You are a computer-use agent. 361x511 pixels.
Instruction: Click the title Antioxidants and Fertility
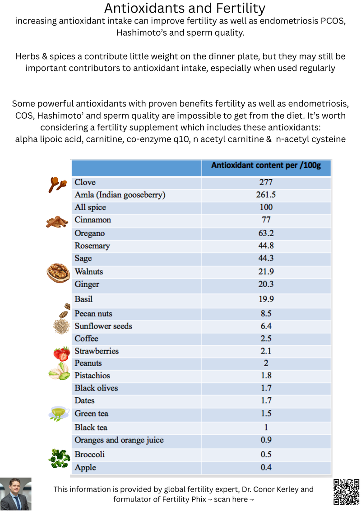point(185,8)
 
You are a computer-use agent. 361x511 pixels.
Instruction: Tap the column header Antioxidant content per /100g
point(266,166)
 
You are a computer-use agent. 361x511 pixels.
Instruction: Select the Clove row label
point(85,182)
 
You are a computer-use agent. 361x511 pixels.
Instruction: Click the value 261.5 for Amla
point(266,195)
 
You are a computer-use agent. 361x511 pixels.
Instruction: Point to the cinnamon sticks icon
point(56,221)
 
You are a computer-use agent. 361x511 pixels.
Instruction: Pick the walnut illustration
point(58,273)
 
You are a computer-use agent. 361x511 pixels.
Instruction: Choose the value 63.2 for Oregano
point(266,233)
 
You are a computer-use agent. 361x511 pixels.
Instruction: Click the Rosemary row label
point(92,246)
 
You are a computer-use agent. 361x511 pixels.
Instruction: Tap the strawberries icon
point(61,353)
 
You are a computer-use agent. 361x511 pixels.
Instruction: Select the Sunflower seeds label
point(103,326)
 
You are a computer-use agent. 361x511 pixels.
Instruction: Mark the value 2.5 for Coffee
point(266,339)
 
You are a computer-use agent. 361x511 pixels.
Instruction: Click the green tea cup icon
point(59,413)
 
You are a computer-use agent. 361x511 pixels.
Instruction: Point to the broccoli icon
point(59,458)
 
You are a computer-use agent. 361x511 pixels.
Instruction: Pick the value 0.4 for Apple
point(266,468)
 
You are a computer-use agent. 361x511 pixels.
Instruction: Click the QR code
point(346,492)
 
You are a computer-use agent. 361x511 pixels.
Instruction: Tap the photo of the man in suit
point(16,494)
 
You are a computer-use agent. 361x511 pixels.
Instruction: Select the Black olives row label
point(96,388)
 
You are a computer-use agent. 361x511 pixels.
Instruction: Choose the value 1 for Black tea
point(266,427)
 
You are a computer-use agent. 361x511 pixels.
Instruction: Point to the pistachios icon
point(59,371)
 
